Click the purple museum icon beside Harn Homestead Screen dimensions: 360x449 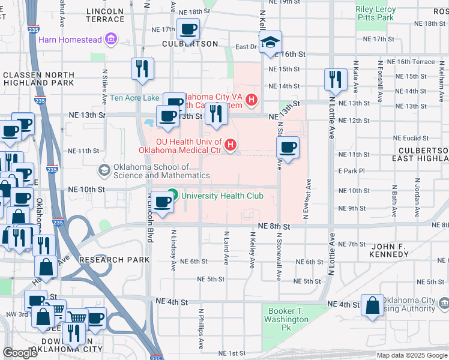(110, 40)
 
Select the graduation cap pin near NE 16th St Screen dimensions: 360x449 (271, 42)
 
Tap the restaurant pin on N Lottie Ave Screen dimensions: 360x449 (336, 79)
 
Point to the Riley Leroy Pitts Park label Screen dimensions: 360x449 (376, 14)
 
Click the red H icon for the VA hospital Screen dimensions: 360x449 (252, 100)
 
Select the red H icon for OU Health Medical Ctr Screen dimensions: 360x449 (229, 145)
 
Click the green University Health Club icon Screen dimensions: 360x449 (173, 196)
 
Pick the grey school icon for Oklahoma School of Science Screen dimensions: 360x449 (104, 171)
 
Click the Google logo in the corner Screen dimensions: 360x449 (20, 353)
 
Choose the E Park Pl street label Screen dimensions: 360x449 (351, 171)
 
